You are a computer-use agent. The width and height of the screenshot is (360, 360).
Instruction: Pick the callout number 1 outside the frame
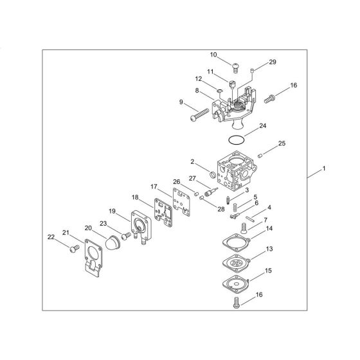[x=325, y=168]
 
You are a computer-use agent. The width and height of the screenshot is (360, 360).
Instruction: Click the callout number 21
[x=66, y=232]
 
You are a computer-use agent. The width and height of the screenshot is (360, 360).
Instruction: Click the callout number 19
[x=111, y=211]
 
